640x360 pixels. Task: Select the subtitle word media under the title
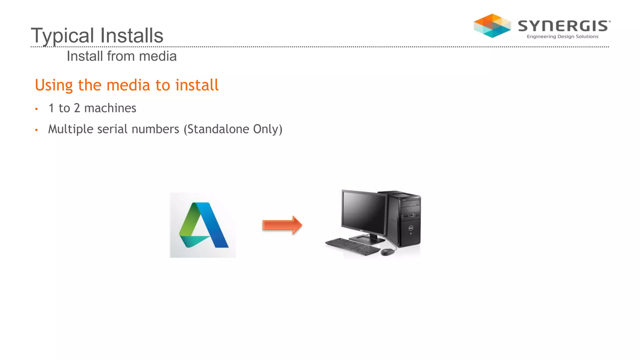coord(158,56)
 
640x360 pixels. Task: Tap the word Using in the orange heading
coord(54,85)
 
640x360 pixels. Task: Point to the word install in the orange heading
coord(197,85)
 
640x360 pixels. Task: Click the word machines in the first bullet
coord(110,108)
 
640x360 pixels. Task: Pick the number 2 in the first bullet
coord(77,108)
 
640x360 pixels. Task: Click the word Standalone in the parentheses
coord(218,129)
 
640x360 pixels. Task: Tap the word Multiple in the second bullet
coord(71,129)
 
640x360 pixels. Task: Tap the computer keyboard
coord(352,246)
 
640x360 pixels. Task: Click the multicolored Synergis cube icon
coord(492,26)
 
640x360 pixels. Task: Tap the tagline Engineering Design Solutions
coord(562,37)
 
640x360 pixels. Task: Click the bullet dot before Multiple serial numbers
coord(37,130)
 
